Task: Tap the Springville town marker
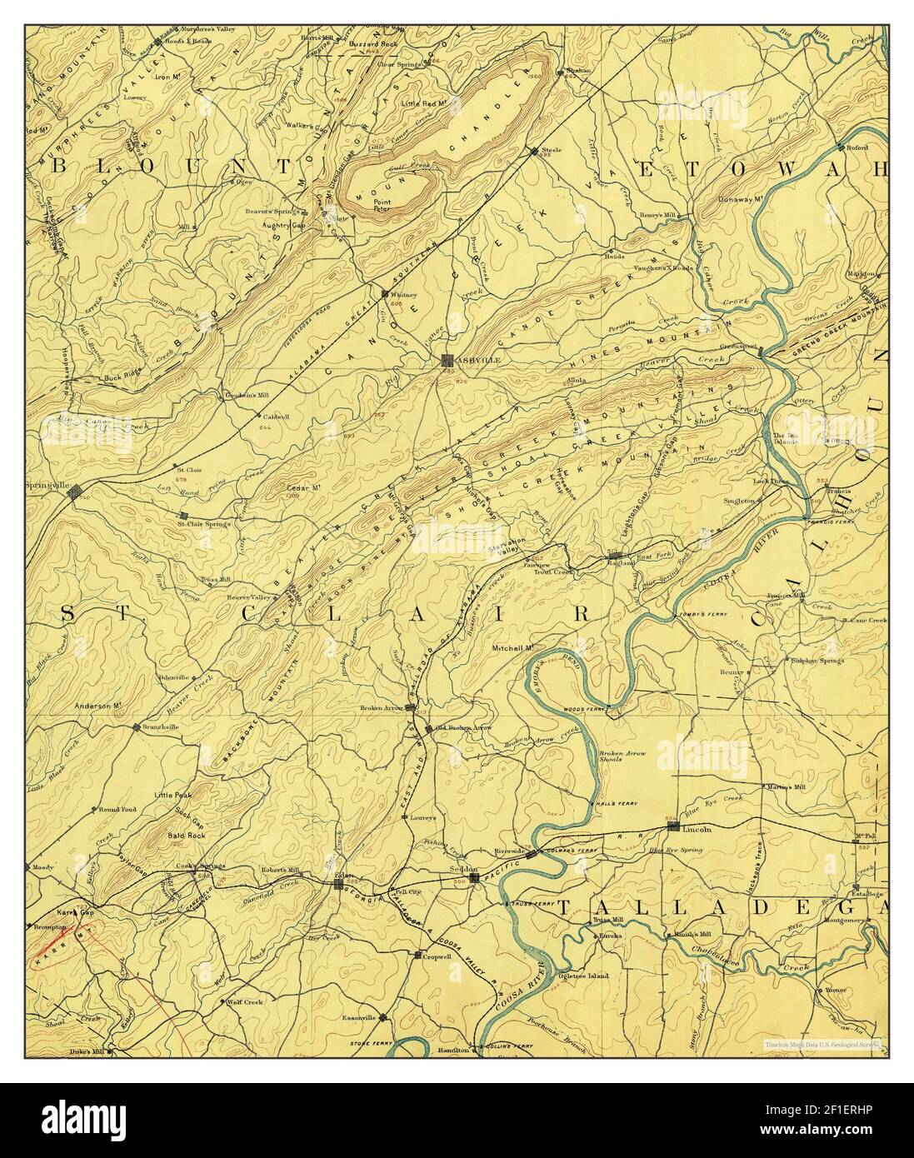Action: tap(75, 492)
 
